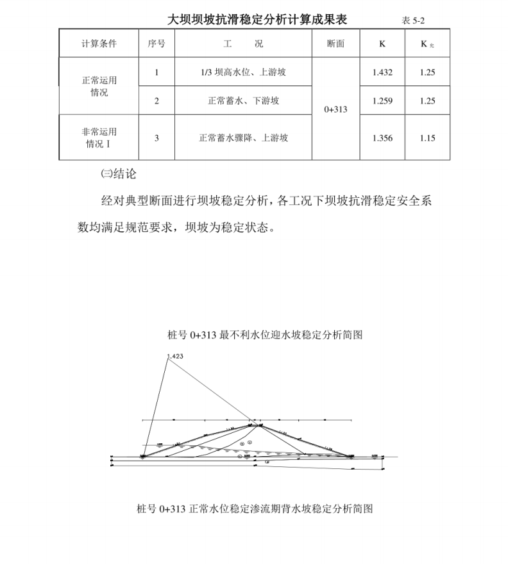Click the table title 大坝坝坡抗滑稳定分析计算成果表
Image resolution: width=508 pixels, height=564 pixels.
click(257, 20)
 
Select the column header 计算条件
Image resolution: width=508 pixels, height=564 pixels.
click(99, 44)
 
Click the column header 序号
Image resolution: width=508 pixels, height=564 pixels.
click(157, 44)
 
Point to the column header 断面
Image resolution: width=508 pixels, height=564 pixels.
click(335, 44)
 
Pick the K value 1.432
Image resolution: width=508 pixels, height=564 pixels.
click(382, 73)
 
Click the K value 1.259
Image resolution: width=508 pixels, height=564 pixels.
click(382, 101)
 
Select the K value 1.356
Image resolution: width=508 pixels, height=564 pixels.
click(382, 137)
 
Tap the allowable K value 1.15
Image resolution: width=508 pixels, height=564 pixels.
click(427, 137)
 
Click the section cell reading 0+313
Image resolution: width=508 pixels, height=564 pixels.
click(335, 110)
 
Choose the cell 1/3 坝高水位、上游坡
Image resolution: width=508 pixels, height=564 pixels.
click(243, 73)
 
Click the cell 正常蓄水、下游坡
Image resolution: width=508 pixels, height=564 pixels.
click(243, 101)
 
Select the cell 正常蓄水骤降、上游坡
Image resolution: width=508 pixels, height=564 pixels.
click(243, 137)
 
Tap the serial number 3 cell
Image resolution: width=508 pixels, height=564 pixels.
click(157, 137)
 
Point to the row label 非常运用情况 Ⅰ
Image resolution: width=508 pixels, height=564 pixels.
click(99, 137)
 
